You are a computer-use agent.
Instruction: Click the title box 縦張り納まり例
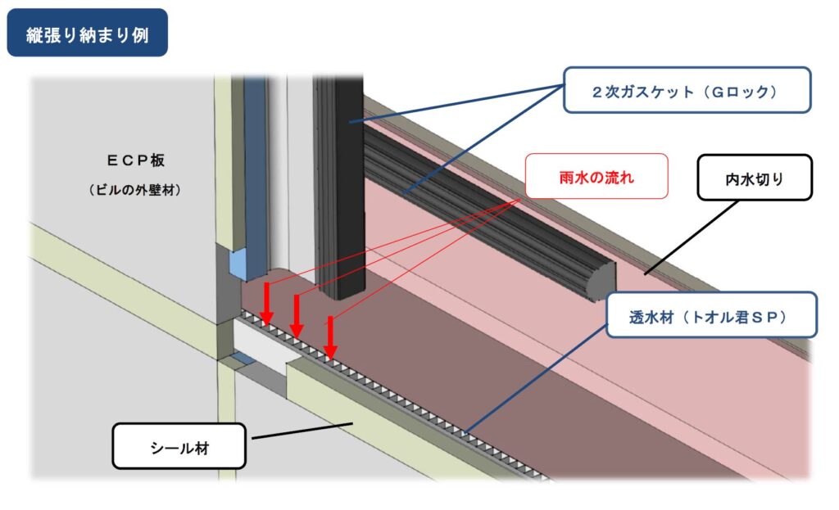(x=87, y=33)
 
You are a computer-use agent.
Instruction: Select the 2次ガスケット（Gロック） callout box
(x=687, y=90)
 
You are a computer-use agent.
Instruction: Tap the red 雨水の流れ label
(x=596, y=177)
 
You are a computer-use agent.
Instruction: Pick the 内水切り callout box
(x=755, y=178)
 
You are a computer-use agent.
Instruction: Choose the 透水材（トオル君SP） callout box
(x=712, y=315)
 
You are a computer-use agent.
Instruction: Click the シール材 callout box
(x=179, y=446)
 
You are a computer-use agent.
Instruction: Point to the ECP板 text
(x=135, y=160)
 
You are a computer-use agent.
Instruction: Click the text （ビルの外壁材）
(x=134, y=190)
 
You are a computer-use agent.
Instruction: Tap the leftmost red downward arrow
(x=266, y=305)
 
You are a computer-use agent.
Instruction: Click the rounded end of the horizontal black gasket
(x=601, y=281)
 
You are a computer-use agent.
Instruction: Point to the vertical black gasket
(x=340, y=187)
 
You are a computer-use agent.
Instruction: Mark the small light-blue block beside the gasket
(x=238, y=264)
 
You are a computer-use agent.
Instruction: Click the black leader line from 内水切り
(x=692, y=238)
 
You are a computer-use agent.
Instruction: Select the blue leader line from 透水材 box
(x=536, y=378)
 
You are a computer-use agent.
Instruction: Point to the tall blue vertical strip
(x=256, y=177)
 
